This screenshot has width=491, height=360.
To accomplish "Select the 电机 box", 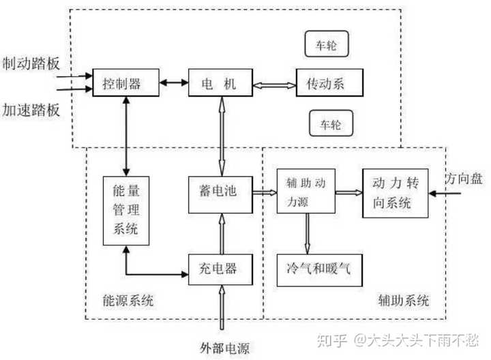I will (220, 83).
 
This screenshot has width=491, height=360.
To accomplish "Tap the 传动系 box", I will (329, 83).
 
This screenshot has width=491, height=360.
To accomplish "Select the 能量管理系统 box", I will (125, 211).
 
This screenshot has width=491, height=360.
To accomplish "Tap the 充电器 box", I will (220, 268).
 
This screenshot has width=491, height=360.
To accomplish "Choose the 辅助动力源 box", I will (306, 193).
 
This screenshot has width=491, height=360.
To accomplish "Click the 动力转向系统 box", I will (396, 193).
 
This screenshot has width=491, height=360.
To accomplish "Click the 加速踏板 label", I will (31, 109).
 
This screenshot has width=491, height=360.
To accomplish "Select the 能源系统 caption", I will (128, 301).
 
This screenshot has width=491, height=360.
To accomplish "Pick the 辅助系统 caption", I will (403, 301).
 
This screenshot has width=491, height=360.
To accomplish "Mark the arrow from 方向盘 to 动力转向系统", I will (447, 194).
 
